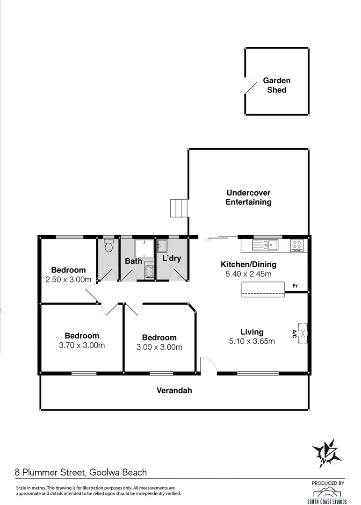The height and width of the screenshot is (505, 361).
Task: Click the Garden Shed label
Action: tap(277, 85)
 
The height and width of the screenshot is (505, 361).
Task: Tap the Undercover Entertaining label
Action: tap(248, 197)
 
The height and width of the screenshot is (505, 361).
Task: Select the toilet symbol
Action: tap(108, 245)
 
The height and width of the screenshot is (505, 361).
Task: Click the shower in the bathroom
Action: tap(144, 248)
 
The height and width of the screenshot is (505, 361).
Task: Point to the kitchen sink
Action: tap(265, 245)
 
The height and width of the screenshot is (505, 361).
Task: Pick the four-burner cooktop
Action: tap(297, 245)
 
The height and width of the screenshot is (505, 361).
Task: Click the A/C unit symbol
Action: tap(303, 333)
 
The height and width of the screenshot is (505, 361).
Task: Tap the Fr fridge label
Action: tap(295, 286)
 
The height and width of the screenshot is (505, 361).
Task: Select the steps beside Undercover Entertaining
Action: tap(179, 208)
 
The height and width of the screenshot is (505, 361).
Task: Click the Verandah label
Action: tap(174, 390)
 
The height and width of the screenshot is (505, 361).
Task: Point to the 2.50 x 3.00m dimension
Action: tap(68, 280)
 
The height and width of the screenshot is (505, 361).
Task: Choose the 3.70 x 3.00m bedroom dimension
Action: tap(82, 345)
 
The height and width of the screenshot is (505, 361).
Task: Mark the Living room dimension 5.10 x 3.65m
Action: tap(252, 341)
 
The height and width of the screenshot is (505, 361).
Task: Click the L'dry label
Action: tap(172, 258)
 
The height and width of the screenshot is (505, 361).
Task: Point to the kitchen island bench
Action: tap(263, 289)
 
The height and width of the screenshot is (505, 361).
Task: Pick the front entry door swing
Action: tap(209, 364)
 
